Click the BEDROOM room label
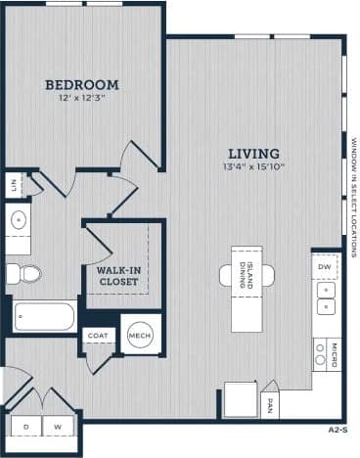(x=81, y=85)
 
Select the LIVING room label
(x=254, y=154)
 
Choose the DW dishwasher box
(x=325, y=266)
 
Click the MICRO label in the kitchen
(x=334, y=353)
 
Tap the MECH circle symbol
(x=140, y=336)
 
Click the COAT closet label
(x=97, y=336)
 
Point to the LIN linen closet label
(x=14, y=183)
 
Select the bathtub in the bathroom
(x=44, y=316)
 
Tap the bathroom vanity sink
(x=18, y=221)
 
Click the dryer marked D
(x=25, y=427)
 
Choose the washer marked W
(x=58, y=427)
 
